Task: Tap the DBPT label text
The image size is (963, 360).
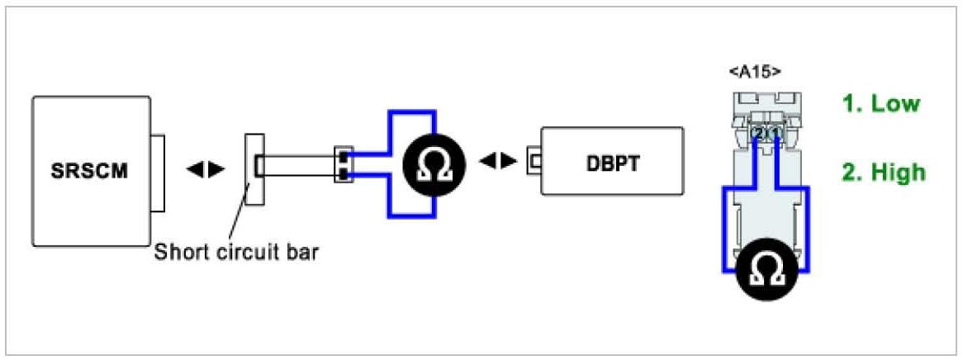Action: tap(611, 161)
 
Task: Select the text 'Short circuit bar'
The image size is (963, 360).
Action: tap(235, 251)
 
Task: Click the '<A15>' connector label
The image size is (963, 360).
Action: tap(755, 73)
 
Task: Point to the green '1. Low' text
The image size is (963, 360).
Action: tap(880, 104)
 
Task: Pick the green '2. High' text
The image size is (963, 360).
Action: tap(884, 173)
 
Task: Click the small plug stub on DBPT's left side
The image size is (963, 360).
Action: tap(533, 159)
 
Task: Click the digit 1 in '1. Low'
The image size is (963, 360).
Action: tap(846, 104)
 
